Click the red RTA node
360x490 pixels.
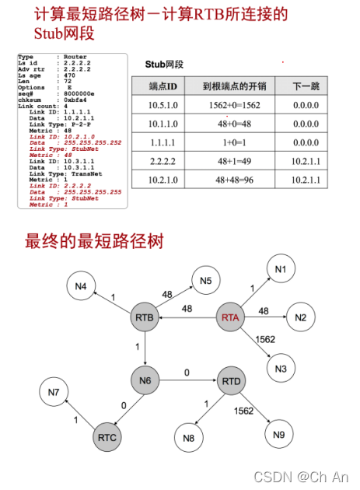pyautogui.click(x=230, y=317)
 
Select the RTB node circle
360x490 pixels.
pyautogui.click(x=146, y=317)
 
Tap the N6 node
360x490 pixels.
pyautogui.click(x=146, y=380)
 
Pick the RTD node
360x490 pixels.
pyautogui.click(x=230, y=380)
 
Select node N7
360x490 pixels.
pyautogui.click(x=54, y=392)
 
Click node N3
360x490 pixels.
pyautogui.click(x=280, y=367)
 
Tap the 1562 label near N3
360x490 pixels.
pyautogui.click(x=266, y=340)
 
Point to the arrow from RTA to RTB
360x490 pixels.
pyautogui.click(x=189, y=317)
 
